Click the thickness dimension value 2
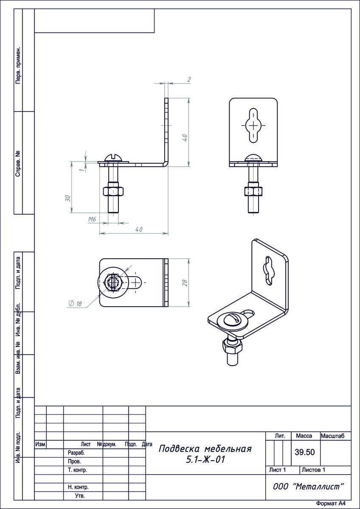[x=189, y=80]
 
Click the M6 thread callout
[x=92, y=219]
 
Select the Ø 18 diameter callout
[x=75, y=303]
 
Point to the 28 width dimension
[x=185, y=282]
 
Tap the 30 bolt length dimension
[x=67, y=198]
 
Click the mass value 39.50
[x=305, y=452]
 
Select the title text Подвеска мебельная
[x=205, y=449]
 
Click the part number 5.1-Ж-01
[x=205, y=460]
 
